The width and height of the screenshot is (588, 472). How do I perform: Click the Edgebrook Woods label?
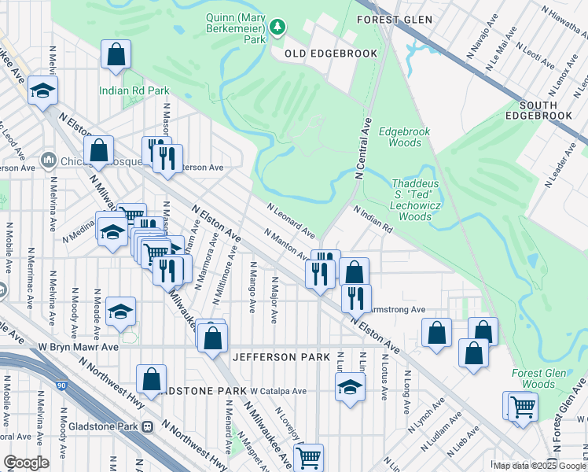400,137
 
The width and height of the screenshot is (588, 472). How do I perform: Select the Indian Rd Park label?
134,90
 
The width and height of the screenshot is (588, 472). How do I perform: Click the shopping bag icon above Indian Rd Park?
116,56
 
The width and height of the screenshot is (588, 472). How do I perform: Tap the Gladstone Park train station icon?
147,426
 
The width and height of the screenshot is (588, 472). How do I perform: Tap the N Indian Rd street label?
373,220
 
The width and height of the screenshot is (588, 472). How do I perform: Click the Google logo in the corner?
26,463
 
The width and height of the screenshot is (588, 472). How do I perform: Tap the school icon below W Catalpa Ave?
351,387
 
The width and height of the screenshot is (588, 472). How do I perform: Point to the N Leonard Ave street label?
290,221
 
